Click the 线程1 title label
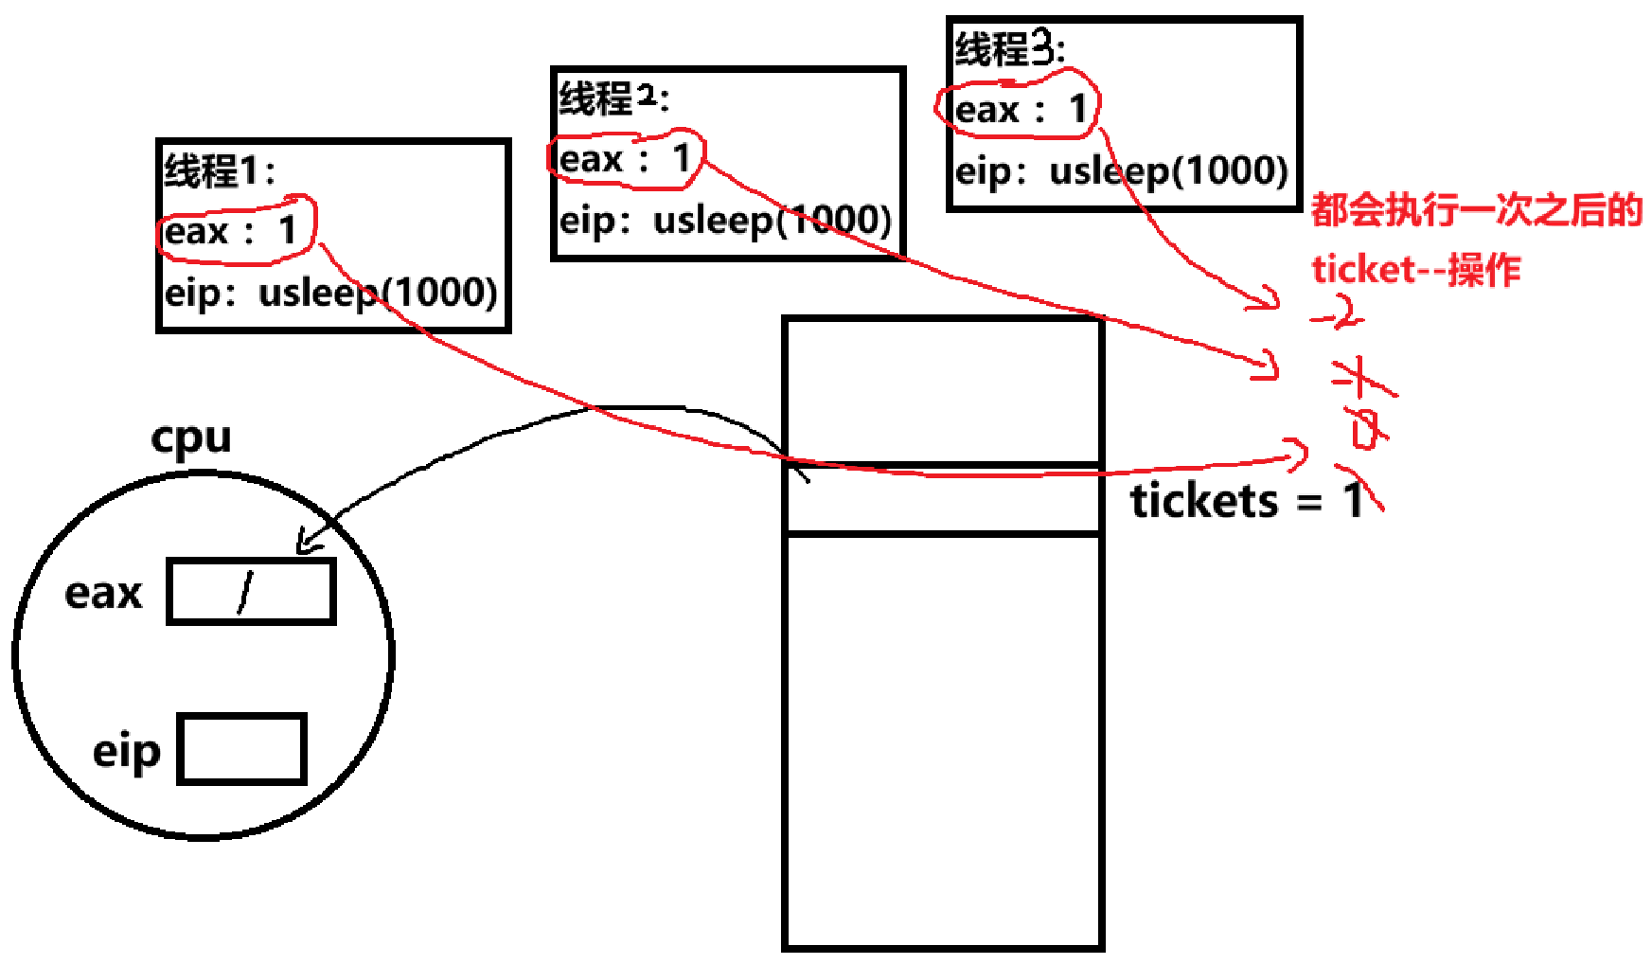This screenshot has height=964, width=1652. pos(219,170)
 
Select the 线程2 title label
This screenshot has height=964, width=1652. pos(613,98)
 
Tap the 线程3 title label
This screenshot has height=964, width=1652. pos(1009,48)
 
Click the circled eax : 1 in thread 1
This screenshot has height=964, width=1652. pos(233,230)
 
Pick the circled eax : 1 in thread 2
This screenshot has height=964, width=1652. pos(626,158)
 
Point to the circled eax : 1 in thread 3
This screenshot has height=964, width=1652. pos(1019,109)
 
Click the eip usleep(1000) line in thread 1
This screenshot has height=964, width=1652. pos(330,293)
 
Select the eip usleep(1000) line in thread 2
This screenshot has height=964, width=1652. pos(725,221)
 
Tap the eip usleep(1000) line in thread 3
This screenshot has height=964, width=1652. pos(1121,171)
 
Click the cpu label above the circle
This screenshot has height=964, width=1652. pos(190,437)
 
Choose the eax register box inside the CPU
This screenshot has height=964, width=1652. pos(251,592)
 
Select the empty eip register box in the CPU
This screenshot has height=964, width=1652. pos(241,749)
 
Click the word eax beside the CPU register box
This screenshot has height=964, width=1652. pos(103,594)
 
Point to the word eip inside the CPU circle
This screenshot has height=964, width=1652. pos(126,752)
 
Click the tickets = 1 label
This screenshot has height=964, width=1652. pos(1245,500)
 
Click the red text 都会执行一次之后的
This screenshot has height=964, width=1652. pos(1476,210)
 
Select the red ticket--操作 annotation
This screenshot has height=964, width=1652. pos(1415,270)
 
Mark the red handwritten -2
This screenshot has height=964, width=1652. pos(1340,313)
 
